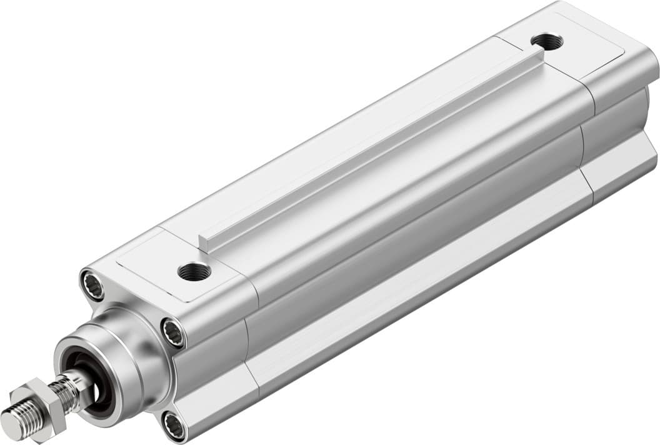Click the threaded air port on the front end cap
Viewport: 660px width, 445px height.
pos(194,271)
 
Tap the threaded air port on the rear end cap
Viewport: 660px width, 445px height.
pos(546,41)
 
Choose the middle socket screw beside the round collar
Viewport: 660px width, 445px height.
pos(172,331)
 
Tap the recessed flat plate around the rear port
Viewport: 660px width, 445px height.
pos(581,47)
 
